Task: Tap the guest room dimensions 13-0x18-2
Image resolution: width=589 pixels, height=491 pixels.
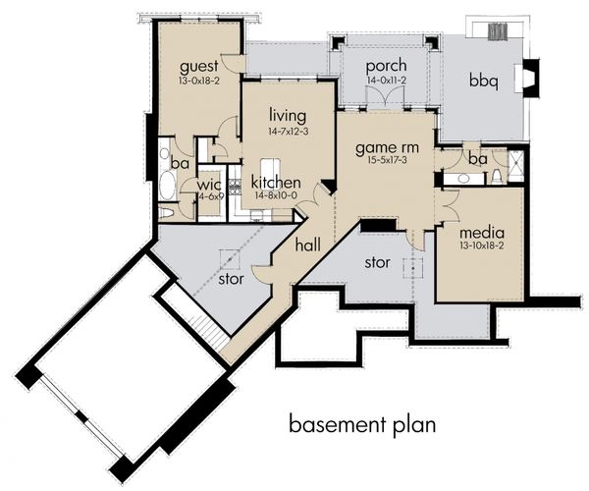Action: (x=199, y=81)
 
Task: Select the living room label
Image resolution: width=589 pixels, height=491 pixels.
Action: (x=288, y=117)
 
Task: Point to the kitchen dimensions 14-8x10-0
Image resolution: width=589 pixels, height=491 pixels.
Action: (x=276, y=195)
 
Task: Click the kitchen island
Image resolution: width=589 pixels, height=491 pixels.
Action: (x=270, y=170)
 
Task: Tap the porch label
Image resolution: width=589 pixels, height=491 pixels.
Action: (x=386, y=67)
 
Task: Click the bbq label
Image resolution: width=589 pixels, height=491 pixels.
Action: (x=484, y=82)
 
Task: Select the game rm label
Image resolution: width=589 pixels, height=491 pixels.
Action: (x=387, y=148)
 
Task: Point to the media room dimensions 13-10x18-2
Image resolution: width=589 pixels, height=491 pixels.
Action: (x=481, y=245)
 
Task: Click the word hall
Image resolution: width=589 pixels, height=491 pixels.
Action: (x=307, y=245)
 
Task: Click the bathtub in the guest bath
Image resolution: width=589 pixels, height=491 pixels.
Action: (x=166, y=186)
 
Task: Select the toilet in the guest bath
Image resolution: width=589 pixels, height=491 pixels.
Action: (x=166, y=213)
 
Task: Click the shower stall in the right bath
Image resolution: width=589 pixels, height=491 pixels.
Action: (x=515, y=165)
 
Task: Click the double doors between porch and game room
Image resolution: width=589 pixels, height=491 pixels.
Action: (x=385, y=96)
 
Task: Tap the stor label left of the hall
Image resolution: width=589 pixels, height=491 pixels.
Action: (x=231, y=279)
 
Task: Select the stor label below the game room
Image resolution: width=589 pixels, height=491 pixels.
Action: (x=378, y=262)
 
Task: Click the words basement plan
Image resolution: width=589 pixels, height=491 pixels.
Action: (x=362, y=425)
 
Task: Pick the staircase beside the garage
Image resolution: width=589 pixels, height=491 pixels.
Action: (x=207, y=328)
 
